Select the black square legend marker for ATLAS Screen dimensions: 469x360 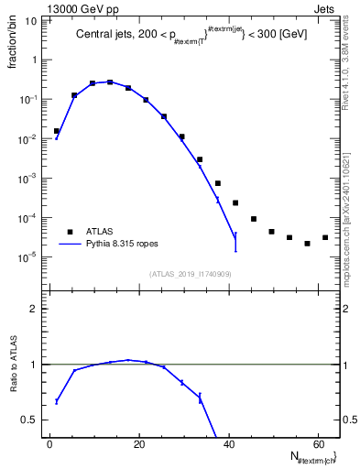coord(69,232)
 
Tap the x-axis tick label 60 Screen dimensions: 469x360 coord(316,443)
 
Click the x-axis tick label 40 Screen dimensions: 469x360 coord(226,443)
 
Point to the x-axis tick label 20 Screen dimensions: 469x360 coord(137,443)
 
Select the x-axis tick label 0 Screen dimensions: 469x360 coord(50,443)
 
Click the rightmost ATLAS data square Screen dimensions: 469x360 coord(325,238)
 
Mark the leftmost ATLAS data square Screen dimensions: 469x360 coord(57,131)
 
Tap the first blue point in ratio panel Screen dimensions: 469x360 coord(57,401)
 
